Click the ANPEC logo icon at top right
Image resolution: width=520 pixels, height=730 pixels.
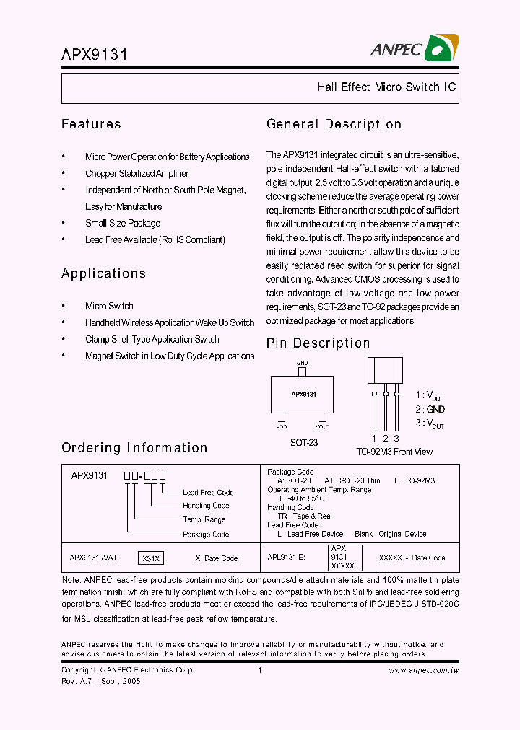(439, 49)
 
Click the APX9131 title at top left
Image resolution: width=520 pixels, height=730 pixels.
(95, 55)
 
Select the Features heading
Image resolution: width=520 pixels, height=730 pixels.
(91, 124)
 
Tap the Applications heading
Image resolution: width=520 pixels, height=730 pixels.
(103, 273)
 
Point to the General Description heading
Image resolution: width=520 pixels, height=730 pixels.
(334, 124)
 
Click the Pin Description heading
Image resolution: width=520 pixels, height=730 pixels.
(318, 343)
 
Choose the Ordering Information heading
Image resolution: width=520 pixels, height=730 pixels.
(134, 448)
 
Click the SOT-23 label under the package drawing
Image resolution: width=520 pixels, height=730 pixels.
(303, 443)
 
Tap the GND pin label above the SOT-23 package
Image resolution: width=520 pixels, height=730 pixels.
(303, 363)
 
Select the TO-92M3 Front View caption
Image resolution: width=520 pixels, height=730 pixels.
(394, 452)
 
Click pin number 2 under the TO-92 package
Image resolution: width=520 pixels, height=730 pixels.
(386, 439)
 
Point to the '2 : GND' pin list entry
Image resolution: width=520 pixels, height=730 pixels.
(430, 409)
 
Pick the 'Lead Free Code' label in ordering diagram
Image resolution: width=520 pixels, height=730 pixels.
(208, 493)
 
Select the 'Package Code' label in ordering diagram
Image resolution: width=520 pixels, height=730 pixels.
(206, 535)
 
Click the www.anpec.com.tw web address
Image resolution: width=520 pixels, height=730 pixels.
(424, 670)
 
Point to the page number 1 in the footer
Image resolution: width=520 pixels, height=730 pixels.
(259, 670)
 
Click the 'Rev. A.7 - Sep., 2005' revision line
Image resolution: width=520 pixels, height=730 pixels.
(101, 681)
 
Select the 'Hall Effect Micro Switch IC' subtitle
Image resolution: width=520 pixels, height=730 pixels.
(386, 87)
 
